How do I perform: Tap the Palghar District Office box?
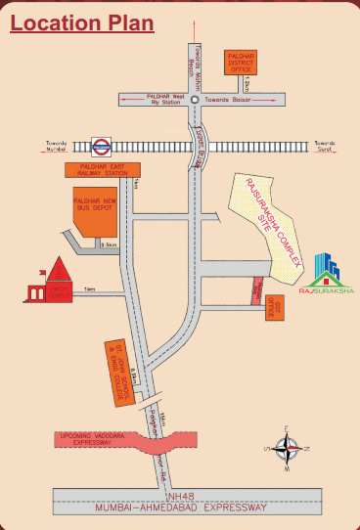coord(240,63)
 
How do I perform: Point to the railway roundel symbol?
coord(99,148)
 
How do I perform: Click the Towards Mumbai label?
coord(60,146)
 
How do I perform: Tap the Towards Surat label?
coord(323,146)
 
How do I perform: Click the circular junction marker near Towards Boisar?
coord(195,100)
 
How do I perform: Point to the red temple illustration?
coord(57,281)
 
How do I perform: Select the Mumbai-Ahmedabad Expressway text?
coord(186,508)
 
